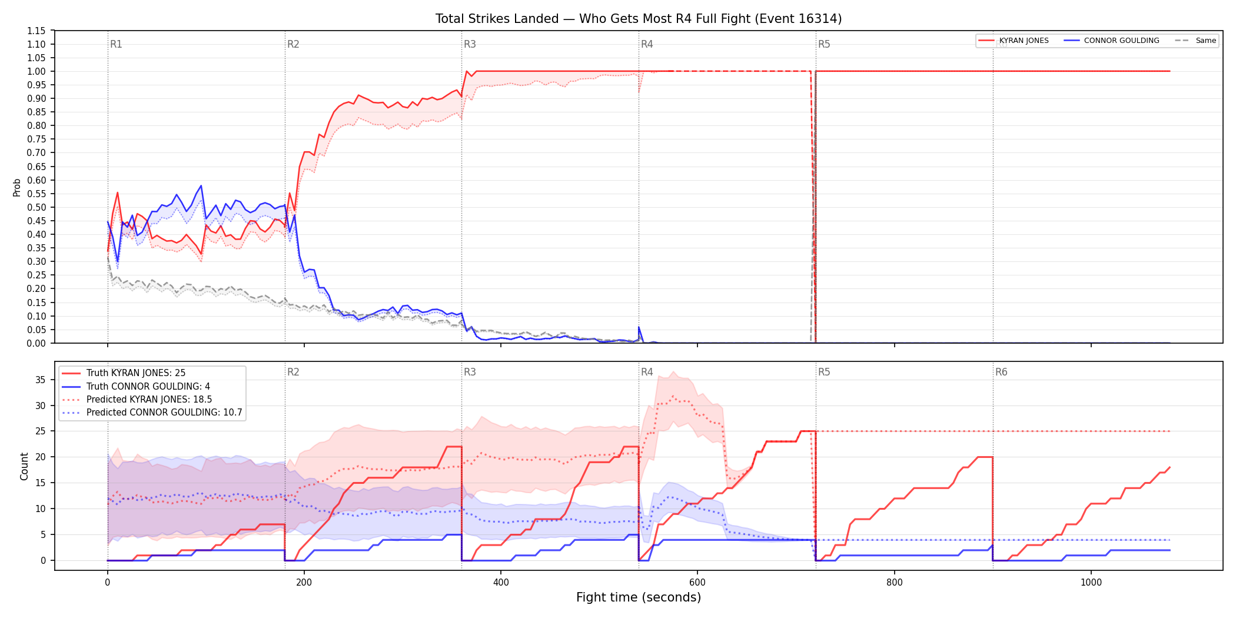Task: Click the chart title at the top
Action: point(639,19)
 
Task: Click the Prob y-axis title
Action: point(17,187)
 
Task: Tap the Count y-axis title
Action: point(24,466)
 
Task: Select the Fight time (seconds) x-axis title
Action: point(639,597)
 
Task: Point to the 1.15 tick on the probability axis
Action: point(36,31)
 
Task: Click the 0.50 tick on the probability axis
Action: point(36,207)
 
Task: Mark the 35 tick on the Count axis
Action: point(40,380)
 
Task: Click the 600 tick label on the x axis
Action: point(697,583)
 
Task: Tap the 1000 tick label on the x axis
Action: point(1091,583)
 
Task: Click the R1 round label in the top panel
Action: point(116,44)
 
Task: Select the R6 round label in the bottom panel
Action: point(1001,372)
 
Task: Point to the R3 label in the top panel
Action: point(470,44)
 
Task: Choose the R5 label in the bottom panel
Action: point(824,372)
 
